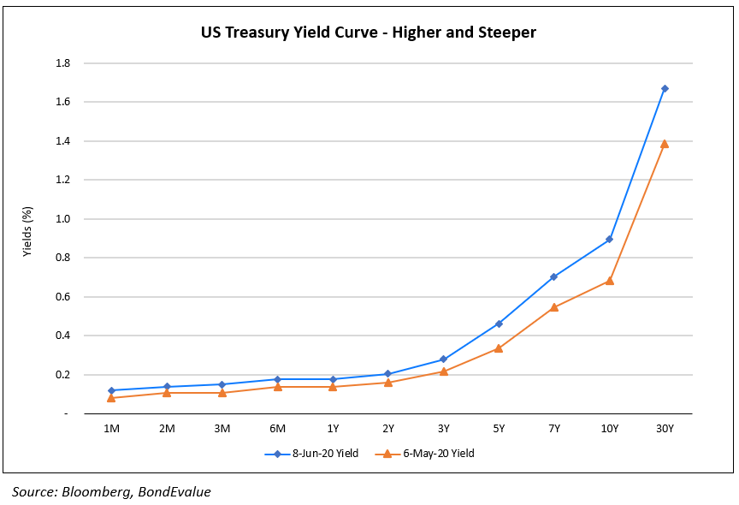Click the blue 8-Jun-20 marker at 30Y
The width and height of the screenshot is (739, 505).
coord(665,88)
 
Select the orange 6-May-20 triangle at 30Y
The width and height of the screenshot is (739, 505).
coord(665,144)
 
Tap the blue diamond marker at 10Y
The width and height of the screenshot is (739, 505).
coord(609,239)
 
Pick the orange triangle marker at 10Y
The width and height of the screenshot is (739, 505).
coord(609,281)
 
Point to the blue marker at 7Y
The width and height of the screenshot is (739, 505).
coord(553,276)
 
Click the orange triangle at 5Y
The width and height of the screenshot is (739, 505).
coord(499,348)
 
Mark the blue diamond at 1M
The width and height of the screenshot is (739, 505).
coord(111,390)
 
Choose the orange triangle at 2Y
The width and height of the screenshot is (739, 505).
coord(387,382)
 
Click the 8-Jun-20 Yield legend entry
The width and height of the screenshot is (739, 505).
coord(317,454)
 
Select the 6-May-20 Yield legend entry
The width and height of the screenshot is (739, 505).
coord(433,454)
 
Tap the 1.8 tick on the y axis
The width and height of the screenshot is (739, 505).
coord(62,63)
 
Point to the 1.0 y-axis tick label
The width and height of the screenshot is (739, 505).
coord(62,219)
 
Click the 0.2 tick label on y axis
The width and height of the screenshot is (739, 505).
coord(62,375)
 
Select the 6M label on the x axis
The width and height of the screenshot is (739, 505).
coord(277,428)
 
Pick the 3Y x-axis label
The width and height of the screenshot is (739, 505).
coord(443,428)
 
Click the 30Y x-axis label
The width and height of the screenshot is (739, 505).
coord(664,428)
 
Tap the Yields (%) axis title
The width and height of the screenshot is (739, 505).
coord(27,232)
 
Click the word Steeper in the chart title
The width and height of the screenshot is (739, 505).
coord(507,33)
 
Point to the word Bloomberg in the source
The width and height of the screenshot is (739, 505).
coord(95,492)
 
